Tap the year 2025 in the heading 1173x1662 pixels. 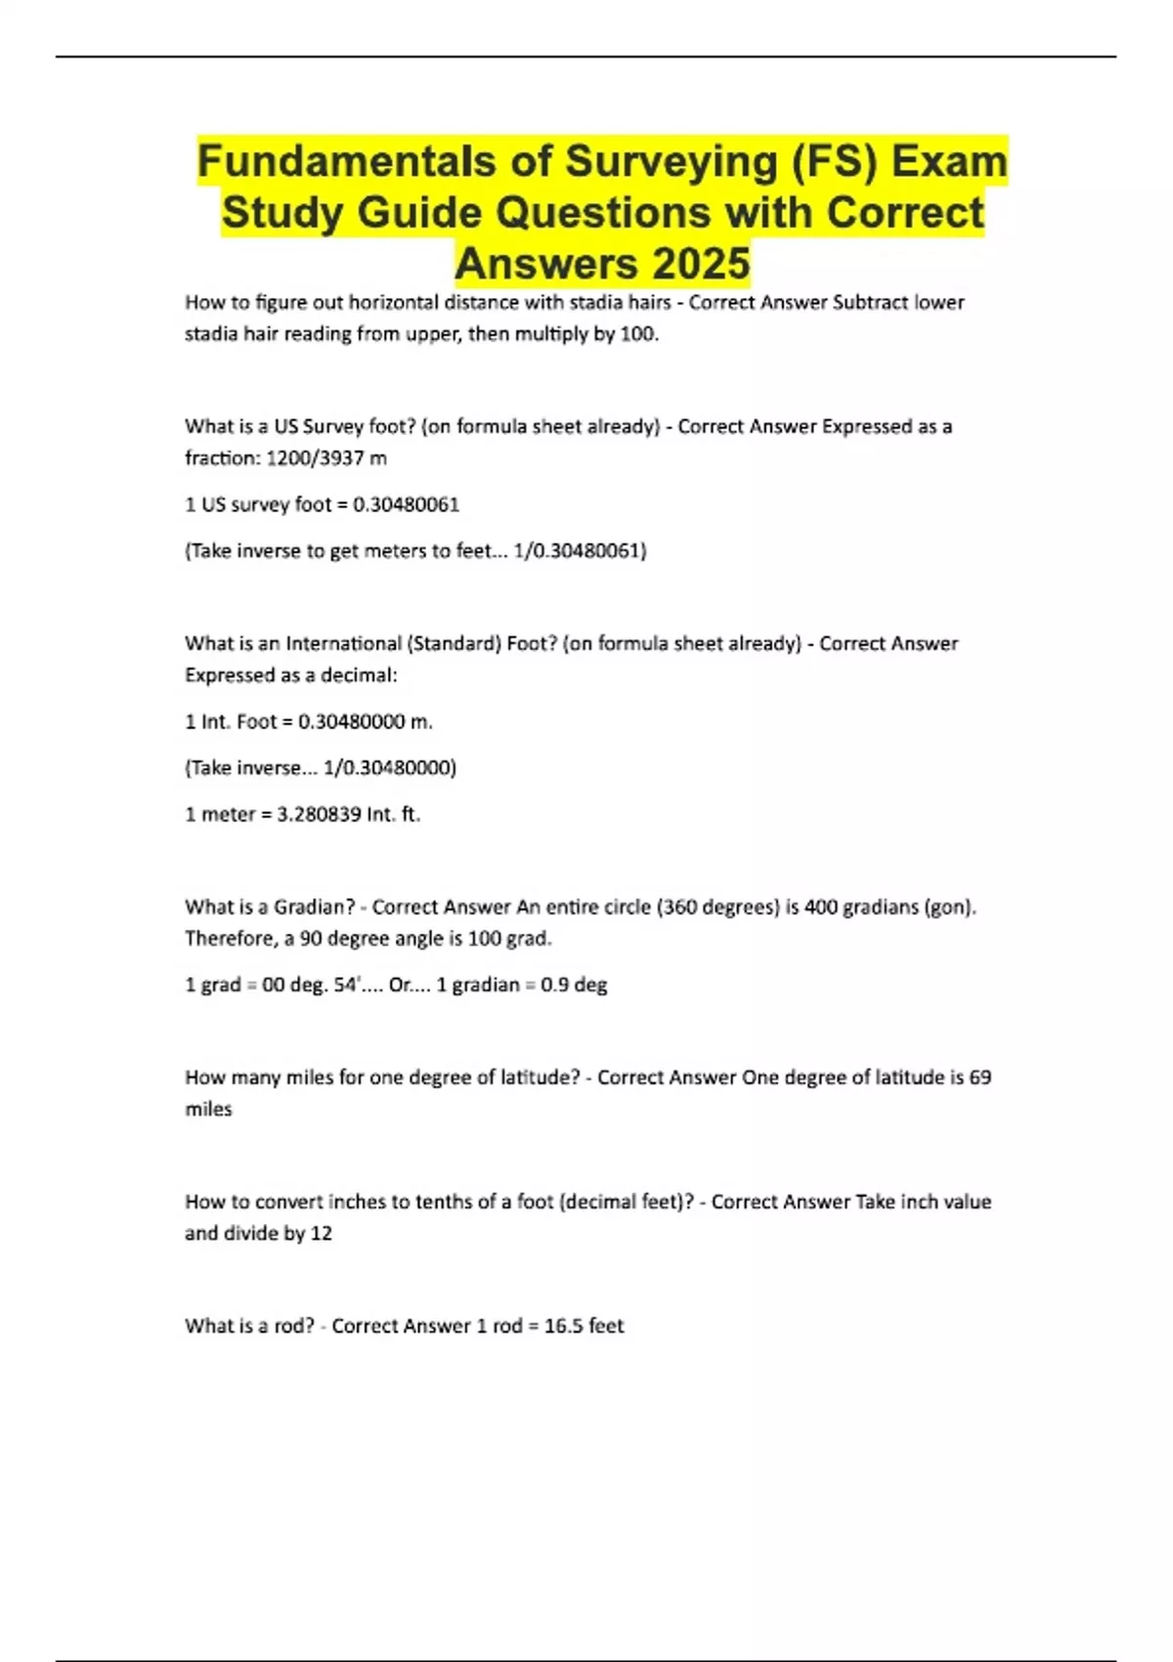[x=701, y=263]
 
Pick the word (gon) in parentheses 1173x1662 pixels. [x=950, y=907]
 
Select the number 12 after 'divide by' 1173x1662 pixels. [x=321, y=1234]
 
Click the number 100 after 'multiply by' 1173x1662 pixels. [x=638, y=333]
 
